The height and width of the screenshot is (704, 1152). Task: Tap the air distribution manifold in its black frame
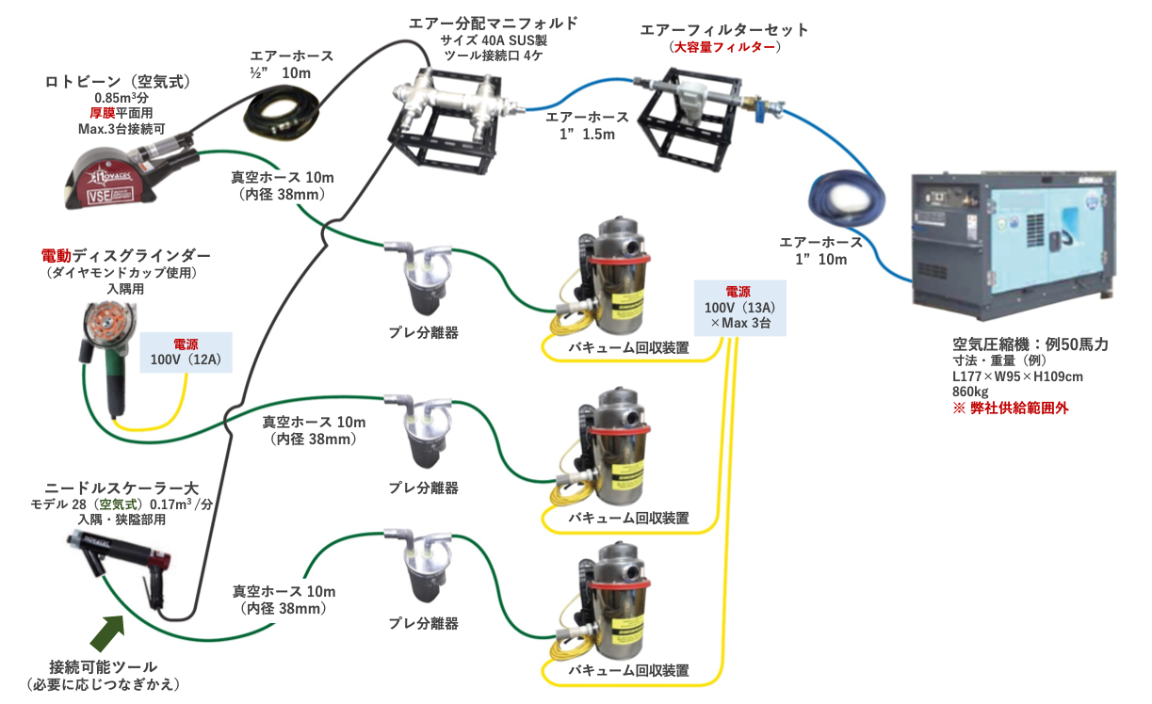pos(451,114)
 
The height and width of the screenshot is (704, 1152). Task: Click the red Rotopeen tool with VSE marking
pos(122,173)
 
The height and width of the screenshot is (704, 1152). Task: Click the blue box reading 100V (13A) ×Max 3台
pos(738,308)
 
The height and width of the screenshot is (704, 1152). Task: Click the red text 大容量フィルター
pos(725,47)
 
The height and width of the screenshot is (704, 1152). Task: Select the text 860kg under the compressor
pos(970,392)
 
